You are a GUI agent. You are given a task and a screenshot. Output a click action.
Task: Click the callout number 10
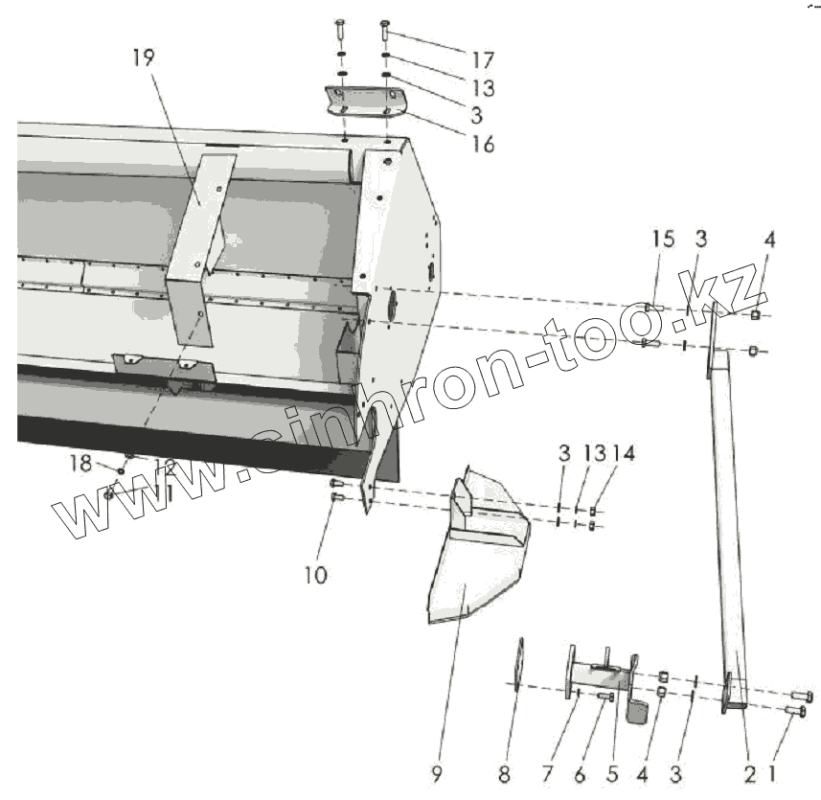coord(316,575)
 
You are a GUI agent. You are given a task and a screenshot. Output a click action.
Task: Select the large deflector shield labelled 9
coord(474,565)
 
